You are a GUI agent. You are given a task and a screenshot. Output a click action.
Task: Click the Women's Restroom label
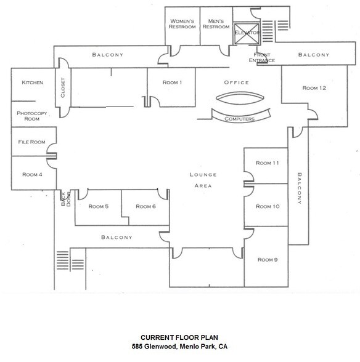coord(182,23)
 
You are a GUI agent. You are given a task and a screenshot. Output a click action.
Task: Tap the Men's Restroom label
coord(216,23)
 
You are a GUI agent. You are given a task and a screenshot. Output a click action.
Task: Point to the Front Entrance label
coord(263,58)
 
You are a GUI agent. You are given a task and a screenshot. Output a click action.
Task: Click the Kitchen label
coord(32,82)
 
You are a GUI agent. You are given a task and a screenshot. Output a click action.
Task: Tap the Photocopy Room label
coord(32,116)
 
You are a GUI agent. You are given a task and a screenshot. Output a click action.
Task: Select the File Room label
coord(32,142)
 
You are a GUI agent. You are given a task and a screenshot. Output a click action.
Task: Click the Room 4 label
coord(32,174)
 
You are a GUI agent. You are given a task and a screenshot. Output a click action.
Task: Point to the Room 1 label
coord(172,82)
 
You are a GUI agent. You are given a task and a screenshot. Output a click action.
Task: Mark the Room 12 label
coord(314,88)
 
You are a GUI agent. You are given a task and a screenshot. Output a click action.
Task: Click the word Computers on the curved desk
coord(240,119)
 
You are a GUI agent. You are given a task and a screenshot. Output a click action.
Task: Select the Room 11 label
coord(268,163)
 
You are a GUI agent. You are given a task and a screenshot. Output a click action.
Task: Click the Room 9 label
coord(268,259)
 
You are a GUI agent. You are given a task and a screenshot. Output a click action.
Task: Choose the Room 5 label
coord(99,206)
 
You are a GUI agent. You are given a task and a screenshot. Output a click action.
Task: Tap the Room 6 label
coord(145,206)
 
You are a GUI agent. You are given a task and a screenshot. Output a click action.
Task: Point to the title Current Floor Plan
coord(179,337)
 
